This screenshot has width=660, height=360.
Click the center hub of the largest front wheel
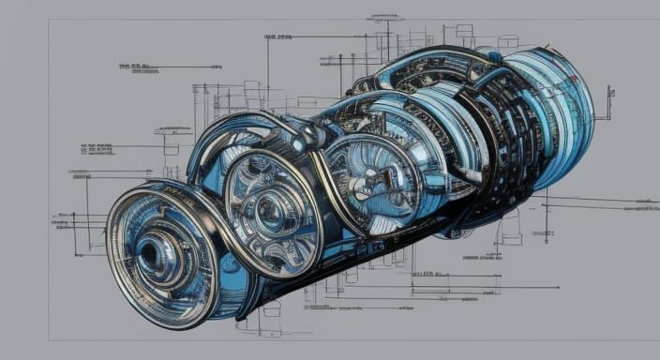point(150,252)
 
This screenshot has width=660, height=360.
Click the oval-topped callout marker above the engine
point(384,17)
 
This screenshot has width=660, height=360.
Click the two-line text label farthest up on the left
point(137,67)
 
